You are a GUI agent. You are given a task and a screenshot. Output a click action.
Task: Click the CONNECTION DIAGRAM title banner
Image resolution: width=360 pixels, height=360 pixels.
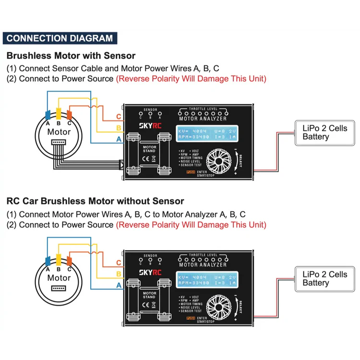click(x=60, y=38)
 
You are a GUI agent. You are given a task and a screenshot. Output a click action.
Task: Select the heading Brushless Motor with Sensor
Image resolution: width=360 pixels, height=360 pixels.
click(x=71, y=56)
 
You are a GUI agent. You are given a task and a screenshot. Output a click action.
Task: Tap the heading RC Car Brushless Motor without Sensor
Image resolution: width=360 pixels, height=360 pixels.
click(x=95, y=201)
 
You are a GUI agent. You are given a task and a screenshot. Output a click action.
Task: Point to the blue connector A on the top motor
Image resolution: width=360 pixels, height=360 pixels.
click(x=48, y=115)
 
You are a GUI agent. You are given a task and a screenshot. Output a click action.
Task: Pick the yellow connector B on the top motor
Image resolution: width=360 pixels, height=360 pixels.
click(x=59, y=114)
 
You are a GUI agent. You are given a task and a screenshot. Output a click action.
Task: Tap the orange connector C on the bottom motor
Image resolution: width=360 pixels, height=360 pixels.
click(x=69, y=261)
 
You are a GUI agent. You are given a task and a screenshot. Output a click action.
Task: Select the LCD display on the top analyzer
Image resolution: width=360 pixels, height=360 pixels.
click(x=206, y=134)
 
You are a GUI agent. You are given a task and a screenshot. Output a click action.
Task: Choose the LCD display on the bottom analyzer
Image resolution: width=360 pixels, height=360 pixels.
click(x=206, y=280)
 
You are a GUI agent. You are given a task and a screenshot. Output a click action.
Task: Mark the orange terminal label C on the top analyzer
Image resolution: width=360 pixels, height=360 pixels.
click(x=119, y=117)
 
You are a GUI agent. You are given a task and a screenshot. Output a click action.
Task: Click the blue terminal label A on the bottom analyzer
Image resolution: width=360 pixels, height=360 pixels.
click(x=119, y=285)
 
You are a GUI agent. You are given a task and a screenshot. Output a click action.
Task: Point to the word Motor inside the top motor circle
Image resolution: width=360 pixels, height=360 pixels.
click(x=59, y=132)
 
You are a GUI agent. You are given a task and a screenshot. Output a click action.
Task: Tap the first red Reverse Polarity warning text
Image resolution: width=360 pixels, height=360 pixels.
click(x=191, y=79)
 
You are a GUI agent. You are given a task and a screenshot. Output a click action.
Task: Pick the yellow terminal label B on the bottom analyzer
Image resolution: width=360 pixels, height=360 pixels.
click(x=119, y=274)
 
